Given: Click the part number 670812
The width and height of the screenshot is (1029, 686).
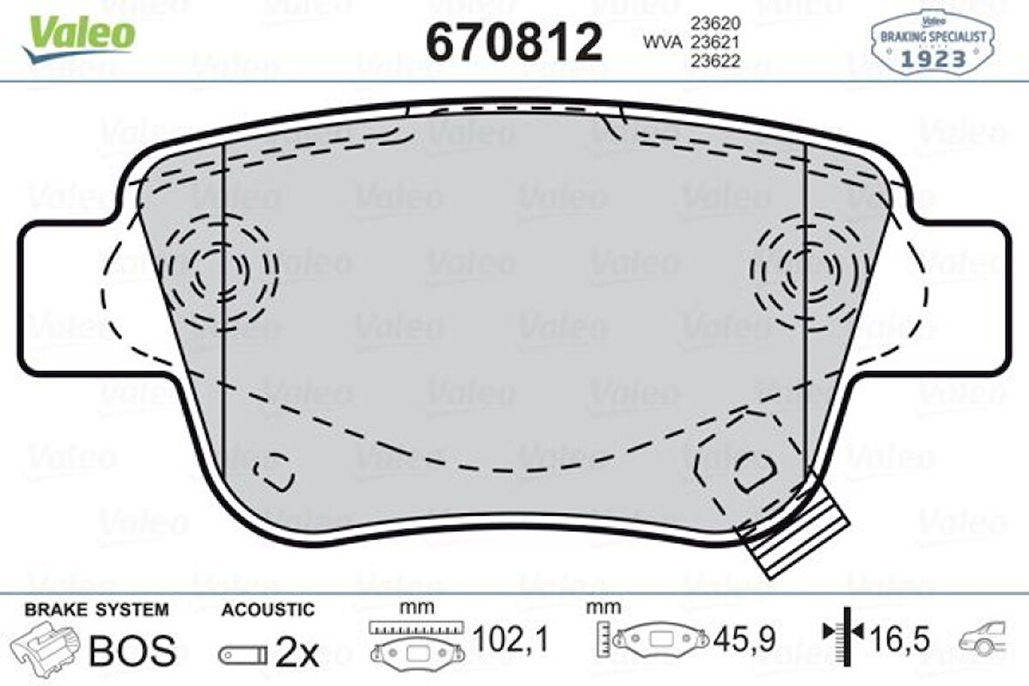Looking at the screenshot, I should tap(514, 41).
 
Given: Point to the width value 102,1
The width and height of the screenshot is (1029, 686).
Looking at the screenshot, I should tap(510, 642).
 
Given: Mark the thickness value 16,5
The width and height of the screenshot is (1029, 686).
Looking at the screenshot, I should tap(898, 641).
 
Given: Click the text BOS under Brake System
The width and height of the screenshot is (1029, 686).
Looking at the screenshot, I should tap(133, 649).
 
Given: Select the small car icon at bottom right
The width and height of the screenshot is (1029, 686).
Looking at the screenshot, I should tap(984, 641).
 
